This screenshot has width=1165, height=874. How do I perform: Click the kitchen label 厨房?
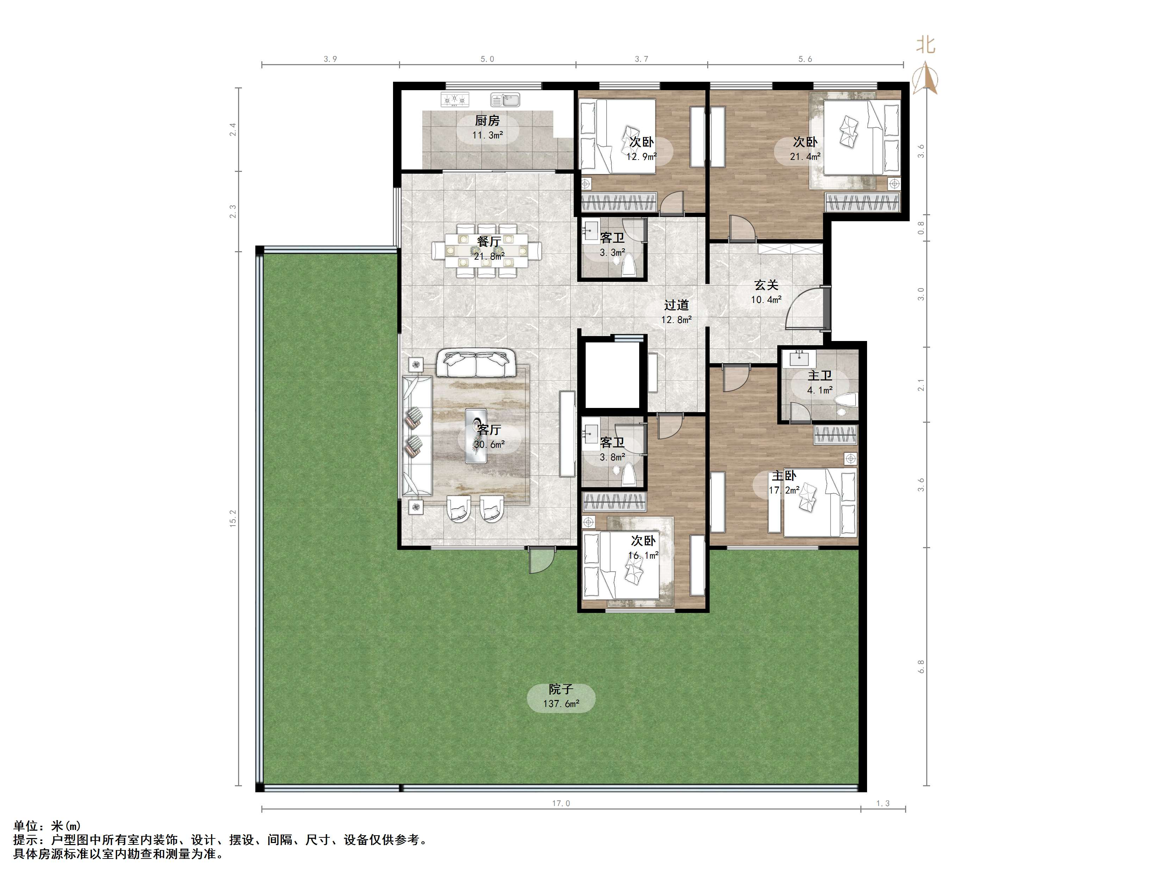pos(487,120)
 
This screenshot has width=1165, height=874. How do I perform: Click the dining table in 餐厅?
pos(487,251)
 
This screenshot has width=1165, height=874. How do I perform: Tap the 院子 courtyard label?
pos(561,689)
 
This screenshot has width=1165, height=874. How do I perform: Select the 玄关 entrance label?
pos(766,285)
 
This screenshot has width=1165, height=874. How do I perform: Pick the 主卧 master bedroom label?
pos(784,476)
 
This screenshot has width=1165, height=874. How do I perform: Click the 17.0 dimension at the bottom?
pos(561,804)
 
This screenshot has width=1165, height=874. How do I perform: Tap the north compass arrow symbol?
pos(927,78)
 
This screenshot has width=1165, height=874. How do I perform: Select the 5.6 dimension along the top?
pos(805,59)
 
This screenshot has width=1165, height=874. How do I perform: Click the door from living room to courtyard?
pos(541,560)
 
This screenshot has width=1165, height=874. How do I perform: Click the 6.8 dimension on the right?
pos(921,667)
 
